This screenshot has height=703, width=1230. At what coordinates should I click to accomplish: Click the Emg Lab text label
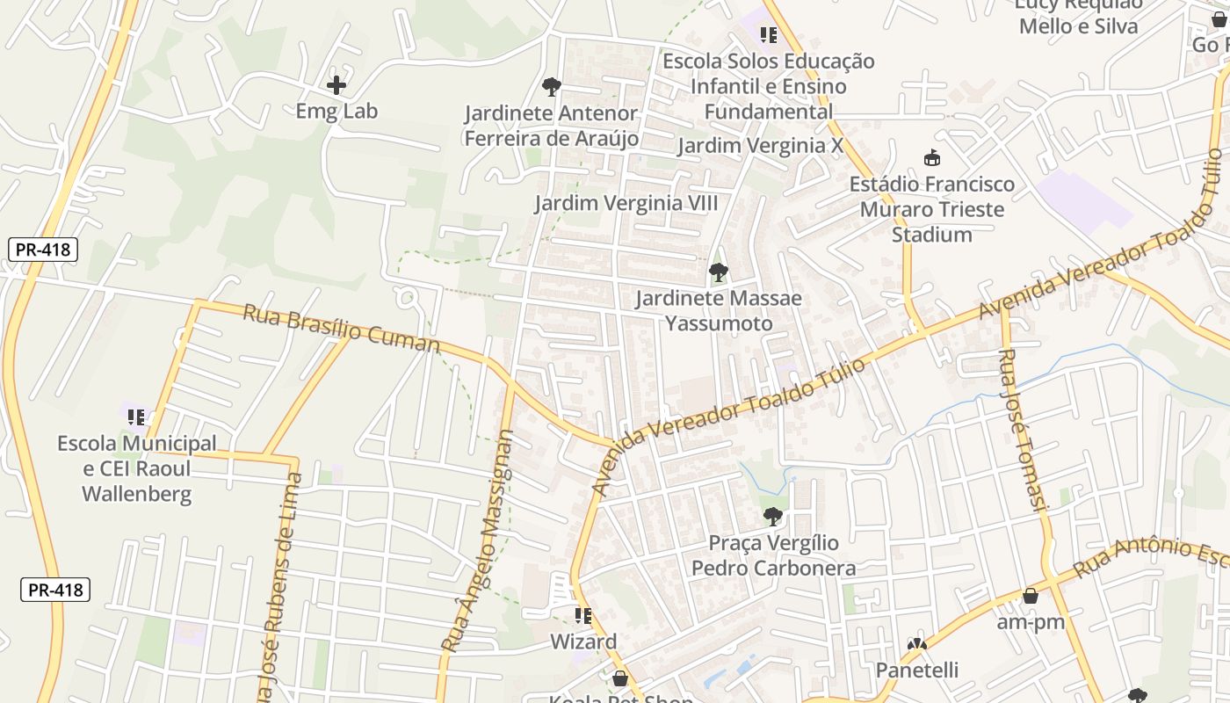(336, 111)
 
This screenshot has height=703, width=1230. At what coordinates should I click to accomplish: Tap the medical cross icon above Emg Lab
(336, 85)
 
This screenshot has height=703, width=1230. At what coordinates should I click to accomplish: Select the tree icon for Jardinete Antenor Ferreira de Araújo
(552, 86)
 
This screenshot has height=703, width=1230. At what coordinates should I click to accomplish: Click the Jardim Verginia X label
(760, 146)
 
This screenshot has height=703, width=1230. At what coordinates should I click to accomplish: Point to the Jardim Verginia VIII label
(626, 204)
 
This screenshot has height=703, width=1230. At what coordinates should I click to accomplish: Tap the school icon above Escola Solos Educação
(769, 35)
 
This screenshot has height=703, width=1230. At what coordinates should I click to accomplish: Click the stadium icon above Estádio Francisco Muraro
(932, 158)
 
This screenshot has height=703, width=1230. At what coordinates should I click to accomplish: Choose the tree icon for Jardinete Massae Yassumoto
(719, 272)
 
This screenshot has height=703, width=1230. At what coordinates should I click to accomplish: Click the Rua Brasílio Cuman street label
(341, 328)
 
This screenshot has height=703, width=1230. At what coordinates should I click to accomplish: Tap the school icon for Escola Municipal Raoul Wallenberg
(136, 417)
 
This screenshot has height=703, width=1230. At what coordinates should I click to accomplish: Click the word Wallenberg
(136, 494)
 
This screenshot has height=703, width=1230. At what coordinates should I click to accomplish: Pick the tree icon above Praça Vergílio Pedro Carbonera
(773, 517)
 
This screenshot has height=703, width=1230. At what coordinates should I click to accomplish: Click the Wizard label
(583, 641)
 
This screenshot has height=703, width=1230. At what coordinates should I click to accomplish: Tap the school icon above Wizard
(583, 616)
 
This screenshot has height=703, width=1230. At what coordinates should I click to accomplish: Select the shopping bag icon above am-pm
(1031, 596)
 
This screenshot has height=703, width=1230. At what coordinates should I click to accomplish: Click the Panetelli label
(917, 670)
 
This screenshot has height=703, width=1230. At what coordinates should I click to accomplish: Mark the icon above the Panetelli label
(917, 645)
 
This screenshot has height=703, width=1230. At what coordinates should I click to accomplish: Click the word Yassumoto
(719, 323)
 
